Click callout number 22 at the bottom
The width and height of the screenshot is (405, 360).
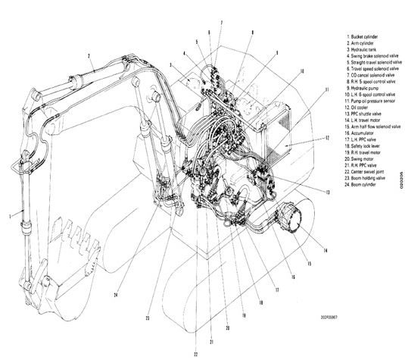[195, 353]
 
